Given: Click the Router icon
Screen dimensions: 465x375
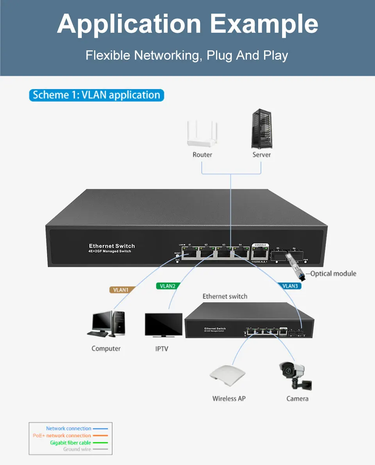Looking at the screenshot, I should point(202,134).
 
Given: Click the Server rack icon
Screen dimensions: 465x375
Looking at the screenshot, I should point(261,128).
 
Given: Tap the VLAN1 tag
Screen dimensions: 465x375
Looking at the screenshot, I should point(121,290).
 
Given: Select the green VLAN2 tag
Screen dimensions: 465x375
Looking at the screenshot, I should point(168,286).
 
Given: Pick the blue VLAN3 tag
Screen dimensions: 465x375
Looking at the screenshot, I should point(290,286).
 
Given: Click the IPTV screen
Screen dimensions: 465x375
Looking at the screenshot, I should point(163,324).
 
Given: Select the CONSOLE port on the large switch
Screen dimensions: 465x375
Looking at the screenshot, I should point(260,252).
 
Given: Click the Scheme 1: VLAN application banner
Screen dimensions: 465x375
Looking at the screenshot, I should point(96,95).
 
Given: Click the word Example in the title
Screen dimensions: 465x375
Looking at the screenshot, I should point(264,24).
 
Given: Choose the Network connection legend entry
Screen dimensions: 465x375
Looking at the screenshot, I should point(69,429).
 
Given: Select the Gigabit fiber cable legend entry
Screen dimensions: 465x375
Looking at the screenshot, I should point(71,443).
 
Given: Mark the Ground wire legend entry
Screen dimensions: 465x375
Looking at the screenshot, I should point(77,449).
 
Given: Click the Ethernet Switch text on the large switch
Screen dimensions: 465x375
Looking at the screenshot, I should point(112,246).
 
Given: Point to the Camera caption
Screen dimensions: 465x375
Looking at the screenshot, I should point(297,399).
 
